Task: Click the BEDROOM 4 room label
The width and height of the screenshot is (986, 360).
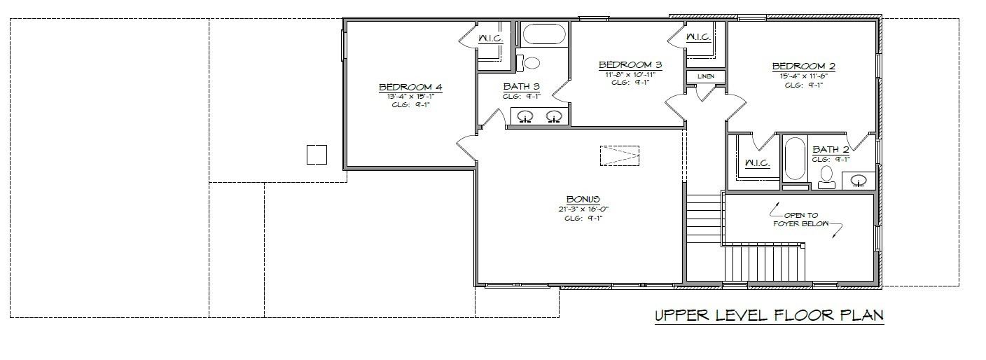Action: point(410,87)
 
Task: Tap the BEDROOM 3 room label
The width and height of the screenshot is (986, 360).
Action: point(630,64)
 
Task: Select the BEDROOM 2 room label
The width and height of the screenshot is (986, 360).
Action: point(804,66)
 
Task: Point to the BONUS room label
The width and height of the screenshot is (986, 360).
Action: point(583,199)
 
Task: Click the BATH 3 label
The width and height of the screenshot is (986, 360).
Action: point(522,86)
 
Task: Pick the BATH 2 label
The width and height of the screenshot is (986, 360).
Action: point(831,149)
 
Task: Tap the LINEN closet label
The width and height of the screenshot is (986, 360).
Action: point(706,76)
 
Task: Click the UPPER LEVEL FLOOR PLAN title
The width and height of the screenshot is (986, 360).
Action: point(769,315)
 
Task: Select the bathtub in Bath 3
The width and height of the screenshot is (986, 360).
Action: point(544,34)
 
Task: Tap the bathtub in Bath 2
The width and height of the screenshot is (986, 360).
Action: point(795,159)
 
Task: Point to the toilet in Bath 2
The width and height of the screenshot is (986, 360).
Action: point(826,177)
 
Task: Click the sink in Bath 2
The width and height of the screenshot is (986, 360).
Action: point(858,181)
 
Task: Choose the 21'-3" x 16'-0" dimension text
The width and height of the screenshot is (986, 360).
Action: point(583,209)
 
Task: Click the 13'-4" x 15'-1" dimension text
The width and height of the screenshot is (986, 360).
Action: point(410,97)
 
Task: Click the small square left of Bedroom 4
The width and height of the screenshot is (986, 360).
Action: point(317,155)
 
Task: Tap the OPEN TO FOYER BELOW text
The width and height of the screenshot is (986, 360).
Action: point(800,219)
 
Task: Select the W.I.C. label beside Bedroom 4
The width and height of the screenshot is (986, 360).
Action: point(490,39)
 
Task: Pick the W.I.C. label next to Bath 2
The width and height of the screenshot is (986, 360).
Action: point(757,163)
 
